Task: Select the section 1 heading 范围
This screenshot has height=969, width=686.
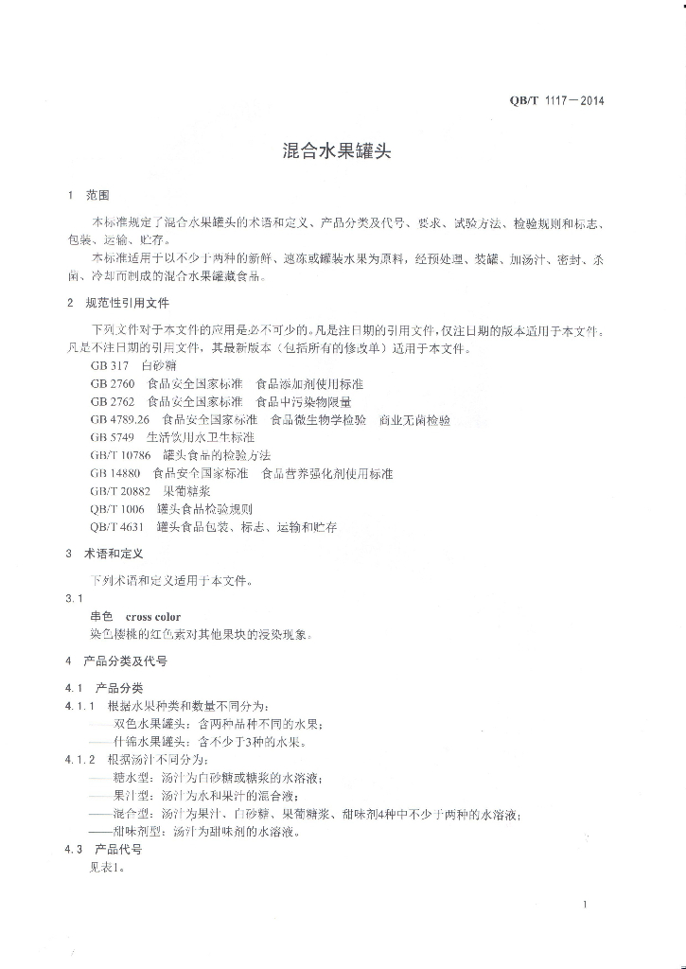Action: tap(98, 196)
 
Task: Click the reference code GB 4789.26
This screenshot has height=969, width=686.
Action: tap(120, 419)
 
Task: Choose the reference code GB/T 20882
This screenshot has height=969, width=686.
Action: tap(121, 491)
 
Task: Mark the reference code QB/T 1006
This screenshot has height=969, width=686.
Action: tap(117, 509)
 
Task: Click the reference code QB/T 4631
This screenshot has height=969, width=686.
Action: tap(117, 527)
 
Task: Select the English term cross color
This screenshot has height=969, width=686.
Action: tap(153, 617)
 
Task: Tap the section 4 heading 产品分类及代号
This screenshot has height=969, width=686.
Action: tap(126, 661)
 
